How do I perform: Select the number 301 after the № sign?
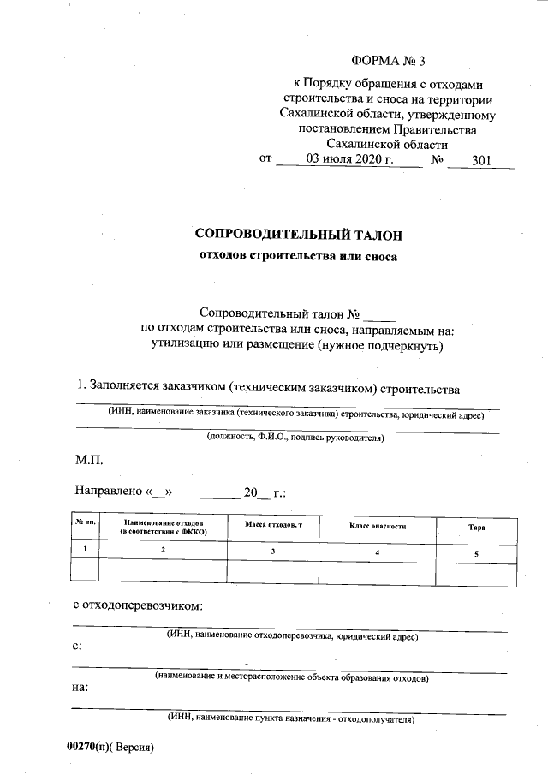point(479,160)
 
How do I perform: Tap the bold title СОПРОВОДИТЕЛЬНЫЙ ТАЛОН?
point(298,234)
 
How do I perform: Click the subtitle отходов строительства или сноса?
point(298,255)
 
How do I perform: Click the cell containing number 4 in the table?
point(377,552)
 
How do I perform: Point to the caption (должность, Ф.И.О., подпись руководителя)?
point(295,438)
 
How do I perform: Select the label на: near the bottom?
point(80,687)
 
